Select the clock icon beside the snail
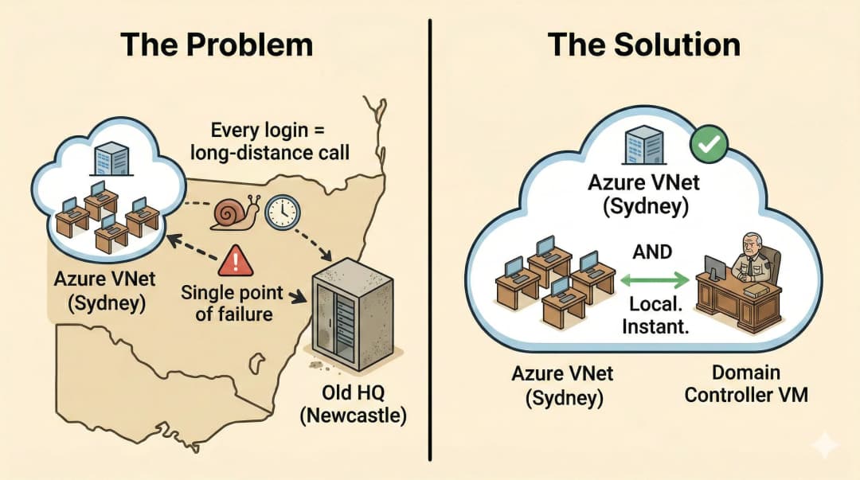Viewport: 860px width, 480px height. coord(282,212)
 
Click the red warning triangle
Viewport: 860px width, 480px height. coord(235,260)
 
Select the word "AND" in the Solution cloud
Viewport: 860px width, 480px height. coord(651,252)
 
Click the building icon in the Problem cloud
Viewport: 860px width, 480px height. coord(105,162)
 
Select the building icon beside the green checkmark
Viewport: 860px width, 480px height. coord(643,147)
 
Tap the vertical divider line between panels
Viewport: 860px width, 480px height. coord(430,239)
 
